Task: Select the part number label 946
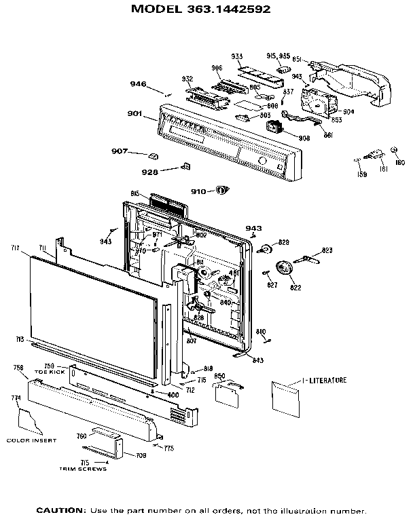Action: pyautogui.click(x=138, y=84)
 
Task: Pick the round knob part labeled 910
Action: pyautogui.click(x=220, y=191)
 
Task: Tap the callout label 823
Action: pyautogui.click(x=327, y=251)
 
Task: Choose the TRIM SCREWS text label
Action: pyautogui.click(x=83, y=469)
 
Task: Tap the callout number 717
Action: pyautogui.click(x=16, y=248)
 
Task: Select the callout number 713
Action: pyautogui.click(x=20, y=339)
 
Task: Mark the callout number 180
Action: pyautogui.click(x=399, y=163)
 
